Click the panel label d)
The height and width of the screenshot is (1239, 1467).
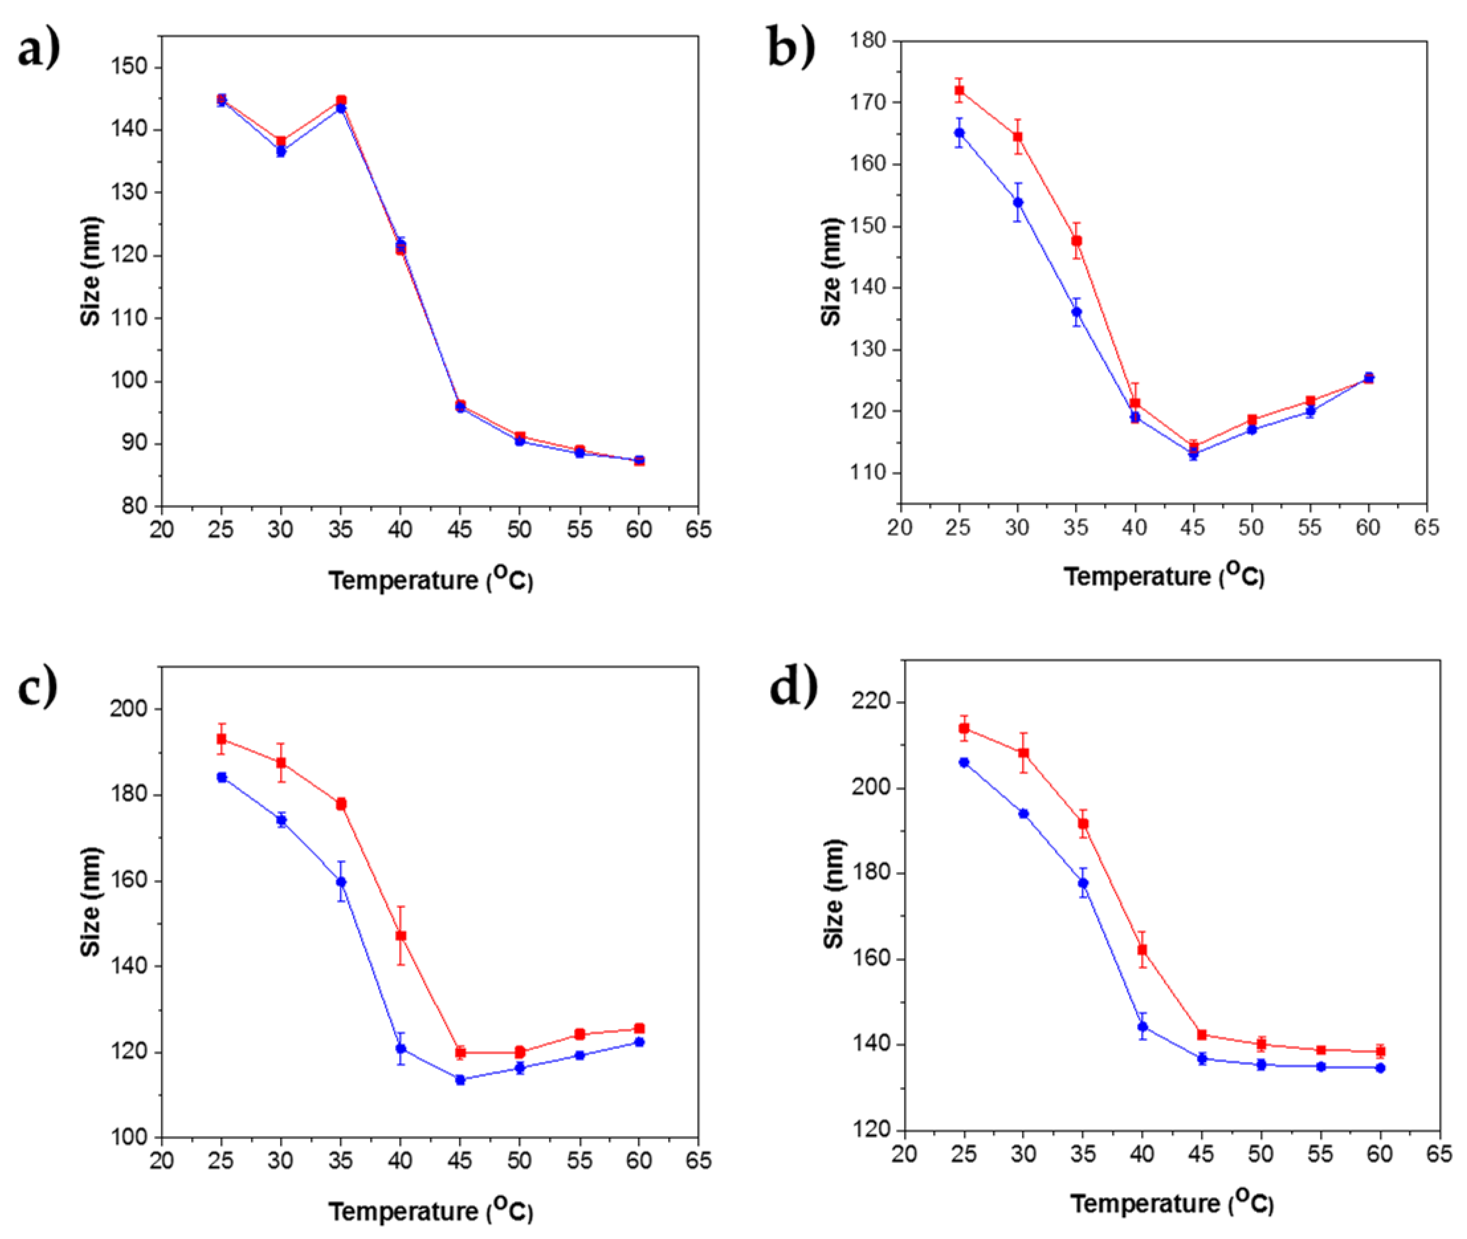coord(793,686)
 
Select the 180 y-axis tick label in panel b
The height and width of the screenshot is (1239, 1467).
coord(868,41)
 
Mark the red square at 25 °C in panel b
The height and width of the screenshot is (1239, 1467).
coord(959,90)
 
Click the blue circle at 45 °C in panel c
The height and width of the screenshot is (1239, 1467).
coord(460,1079)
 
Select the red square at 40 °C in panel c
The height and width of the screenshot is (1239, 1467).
coord(400,936)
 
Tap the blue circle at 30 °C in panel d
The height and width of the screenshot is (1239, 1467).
coord(1023,813)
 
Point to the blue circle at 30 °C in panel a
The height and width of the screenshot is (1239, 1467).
coord(281,151)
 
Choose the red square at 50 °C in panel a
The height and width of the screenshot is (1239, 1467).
coord(520,436)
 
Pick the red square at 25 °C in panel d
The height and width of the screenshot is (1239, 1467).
coord(964,728)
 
